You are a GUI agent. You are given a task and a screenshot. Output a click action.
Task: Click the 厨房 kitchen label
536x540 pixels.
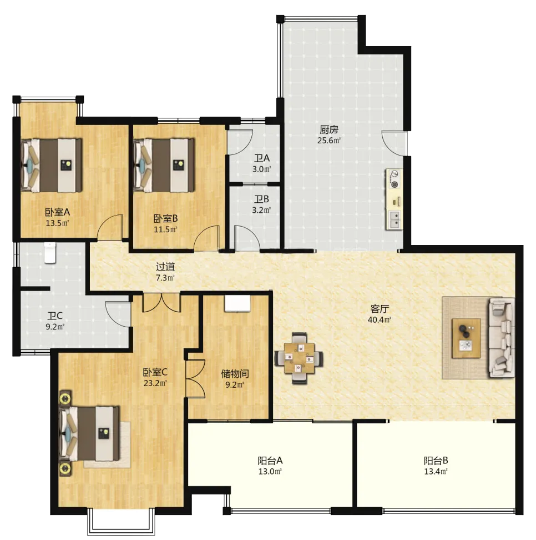tap(329, 129)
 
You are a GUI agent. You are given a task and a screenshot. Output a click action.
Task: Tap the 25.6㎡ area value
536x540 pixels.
tap(329, 140)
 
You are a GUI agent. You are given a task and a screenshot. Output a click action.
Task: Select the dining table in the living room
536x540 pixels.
tap(299, 358)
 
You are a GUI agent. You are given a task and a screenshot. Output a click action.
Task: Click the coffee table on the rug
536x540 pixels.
tap(466, 338)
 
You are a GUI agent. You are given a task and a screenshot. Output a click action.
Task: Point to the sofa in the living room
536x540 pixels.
tap(502, 338)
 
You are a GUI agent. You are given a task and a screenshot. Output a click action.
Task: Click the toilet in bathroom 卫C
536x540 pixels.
tap(50, 253)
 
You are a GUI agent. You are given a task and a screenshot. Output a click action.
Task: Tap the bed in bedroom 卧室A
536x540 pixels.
tap(52, 166)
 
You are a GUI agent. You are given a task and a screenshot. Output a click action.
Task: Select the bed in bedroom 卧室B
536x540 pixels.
tap(164, 166)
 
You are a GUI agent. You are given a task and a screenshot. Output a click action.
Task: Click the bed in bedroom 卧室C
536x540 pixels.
tap(89, 433)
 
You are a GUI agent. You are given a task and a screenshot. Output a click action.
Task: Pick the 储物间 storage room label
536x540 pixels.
tap(235, 374)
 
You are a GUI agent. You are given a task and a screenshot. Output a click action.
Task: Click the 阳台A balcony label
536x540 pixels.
tap(270, 461)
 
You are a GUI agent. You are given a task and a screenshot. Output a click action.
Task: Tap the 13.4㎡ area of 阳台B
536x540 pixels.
tap(436, 472)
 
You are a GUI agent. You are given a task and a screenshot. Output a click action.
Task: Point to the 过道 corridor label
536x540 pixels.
tap(165, 267)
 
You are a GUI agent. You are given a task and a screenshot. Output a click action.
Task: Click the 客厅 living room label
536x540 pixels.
tap(380, 308)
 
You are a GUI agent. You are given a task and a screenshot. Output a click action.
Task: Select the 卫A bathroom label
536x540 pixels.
tap(261, 158)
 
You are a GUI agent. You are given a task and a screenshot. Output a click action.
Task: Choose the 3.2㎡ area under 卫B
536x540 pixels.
tap(261, 210)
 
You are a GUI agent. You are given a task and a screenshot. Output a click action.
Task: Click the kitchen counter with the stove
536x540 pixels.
tap(395, 199)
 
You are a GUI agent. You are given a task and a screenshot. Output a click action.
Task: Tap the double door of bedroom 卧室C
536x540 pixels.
tap(161, 302)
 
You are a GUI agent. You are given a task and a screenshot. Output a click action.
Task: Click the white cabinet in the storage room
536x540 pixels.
tap(237, 303)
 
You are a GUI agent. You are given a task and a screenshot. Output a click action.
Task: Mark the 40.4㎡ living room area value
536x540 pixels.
tap(380, 319)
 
